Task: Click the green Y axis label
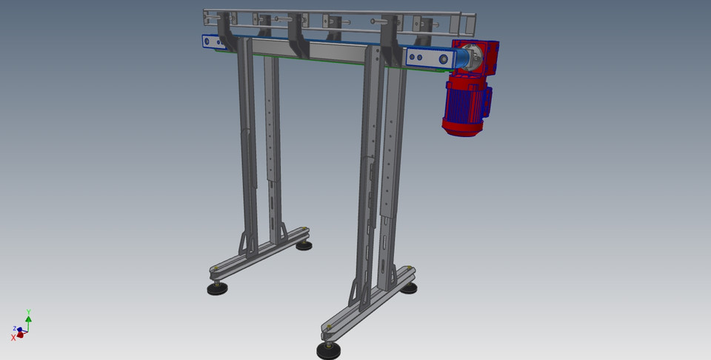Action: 28,312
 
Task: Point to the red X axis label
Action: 13,337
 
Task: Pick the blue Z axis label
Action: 14,328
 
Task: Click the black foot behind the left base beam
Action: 304,245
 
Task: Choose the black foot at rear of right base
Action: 408,287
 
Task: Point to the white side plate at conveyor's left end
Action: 213,42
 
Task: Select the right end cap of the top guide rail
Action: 469,24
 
